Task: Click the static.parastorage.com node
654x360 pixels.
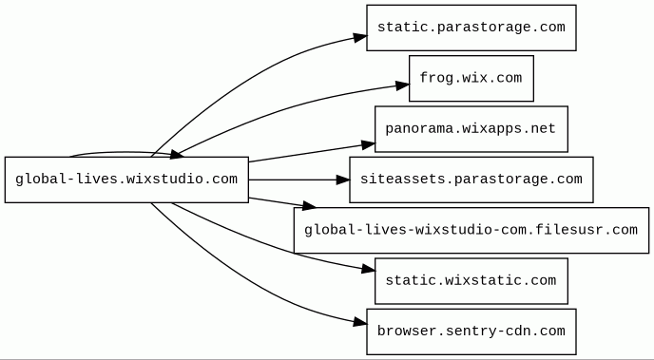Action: coord(471,28)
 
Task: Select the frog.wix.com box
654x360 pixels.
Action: coord(471,78)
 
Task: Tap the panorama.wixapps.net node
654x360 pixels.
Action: coord(471,129)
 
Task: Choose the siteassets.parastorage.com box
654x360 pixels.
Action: coord(471,180)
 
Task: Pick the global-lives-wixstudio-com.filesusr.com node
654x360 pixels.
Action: coord(471,231)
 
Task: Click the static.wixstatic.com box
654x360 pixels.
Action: coord(471,281)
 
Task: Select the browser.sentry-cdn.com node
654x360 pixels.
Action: coord(471,332)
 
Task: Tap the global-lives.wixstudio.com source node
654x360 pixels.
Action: coord(126,180)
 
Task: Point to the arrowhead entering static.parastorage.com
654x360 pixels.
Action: coord(360,37)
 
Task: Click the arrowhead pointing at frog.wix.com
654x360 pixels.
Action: coord(402,85)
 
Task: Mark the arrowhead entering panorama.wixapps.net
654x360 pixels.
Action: coord(368,145)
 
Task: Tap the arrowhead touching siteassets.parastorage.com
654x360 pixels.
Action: coord(343,180)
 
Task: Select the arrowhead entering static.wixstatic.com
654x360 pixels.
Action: coord(368,270)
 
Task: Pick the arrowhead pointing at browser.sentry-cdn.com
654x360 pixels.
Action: coord(360,322)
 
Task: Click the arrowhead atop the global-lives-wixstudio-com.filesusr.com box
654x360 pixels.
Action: coord(309,205)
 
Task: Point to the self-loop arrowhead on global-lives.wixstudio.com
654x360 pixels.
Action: coord(177,155)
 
